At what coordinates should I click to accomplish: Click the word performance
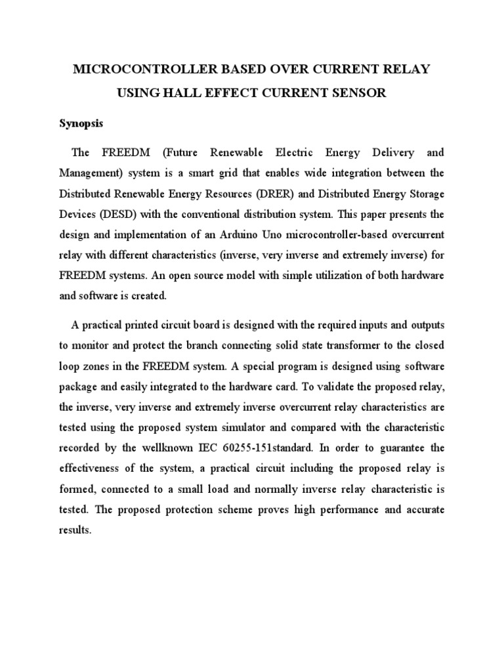coord(343,509)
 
